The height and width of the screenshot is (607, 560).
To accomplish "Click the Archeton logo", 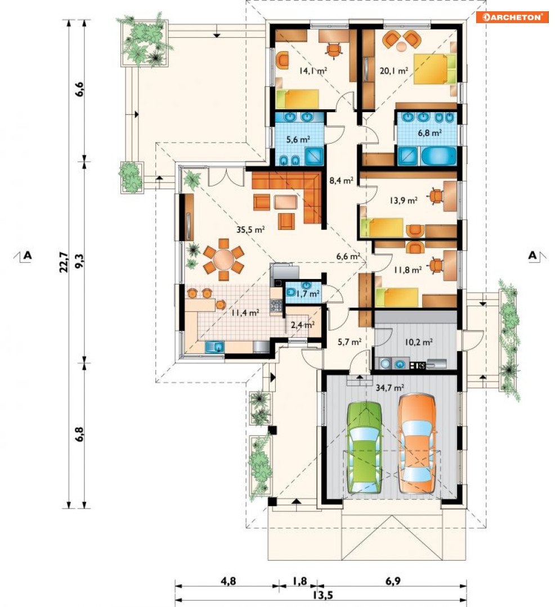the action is tap(512, 17).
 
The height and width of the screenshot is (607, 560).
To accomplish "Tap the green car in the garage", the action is tap(365, 448).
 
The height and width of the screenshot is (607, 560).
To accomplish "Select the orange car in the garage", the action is tap(417, 444).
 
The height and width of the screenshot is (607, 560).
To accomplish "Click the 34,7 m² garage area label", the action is tap(390, 387).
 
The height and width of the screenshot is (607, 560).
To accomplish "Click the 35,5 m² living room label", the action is tap(250, 229).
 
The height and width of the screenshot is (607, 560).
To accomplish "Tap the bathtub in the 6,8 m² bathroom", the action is tap(438, 156).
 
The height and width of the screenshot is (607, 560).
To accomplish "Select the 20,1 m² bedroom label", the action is tap(394, 71).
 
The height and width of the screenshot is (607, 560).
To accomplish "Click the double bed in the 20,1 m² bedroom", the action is tap(435, 69).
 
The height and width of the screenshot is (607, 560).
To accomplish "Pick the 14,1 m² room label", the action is tap(313, 70).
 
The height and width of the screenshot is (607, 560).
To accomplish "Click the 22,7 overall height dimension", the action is tap(64, 263).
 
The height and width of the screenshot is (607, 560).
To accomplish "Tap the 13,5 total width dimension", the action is tap(322, 595).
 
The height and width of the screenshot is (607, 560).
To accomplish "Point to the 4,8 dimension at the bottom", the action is tap(228, 581).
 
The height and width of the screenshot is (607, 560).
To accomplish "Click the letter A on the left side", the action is tap(28, 255).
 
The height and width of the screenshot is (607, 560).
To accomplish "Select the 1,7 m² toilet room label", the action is tap(308, 294).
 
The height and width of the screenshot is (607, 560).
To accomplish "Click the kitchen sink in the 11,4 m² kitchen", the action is tap(214, 347).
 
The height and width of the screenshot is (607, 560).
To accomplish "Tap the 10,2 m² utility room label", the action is tap(419, 342).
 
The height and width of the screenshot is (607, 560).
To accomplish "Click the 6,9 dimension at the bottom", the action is tap(393, 581).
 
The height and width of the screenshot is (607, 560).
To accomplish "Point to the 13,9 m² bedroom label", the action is tap(404, 201).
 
